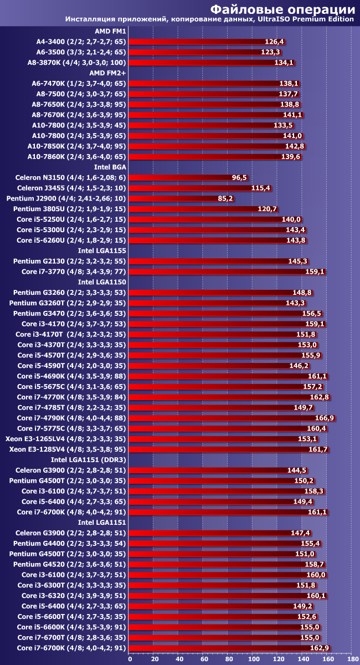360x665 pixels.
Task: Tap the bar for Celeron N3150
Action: [180, 177]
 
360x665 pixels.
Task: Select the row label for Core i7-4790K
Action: [71, 418]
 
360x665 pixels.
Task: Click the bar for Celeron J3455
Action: [191, 188]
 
